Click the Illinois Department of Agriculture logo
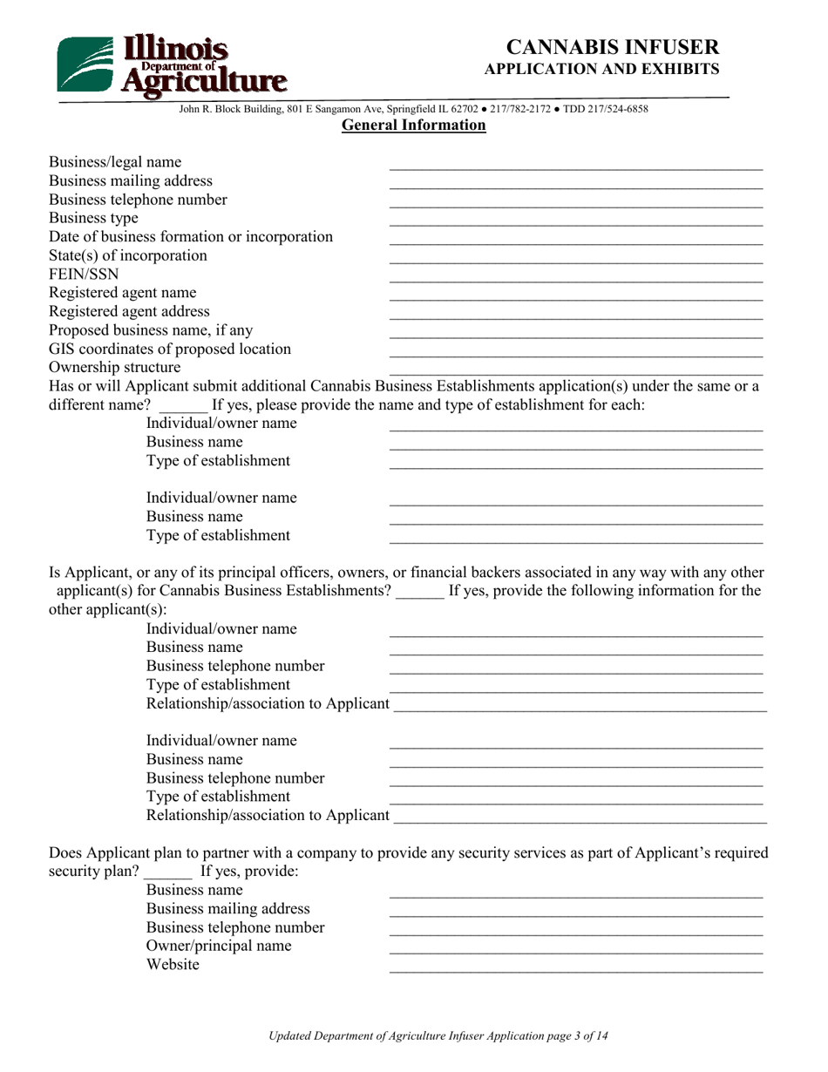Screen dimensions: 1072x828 [172, 64]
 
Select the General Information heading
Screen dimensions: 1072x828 [413, 126]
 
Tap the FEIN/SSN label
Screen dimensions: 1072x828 [84, 274]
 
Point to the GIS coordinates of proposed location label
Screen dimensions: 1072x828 [170, 349]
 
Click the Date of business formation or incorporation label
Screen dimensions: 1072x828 [191, 236]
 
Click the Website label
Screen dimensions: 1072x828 [173, 965]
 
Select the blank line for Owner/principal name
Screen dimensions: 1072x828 [575, 950]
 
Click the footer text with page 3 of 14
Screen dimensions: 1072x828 [438, 1036]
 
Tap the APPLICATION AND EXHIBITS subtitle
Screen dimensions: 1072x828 [601, 69]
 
